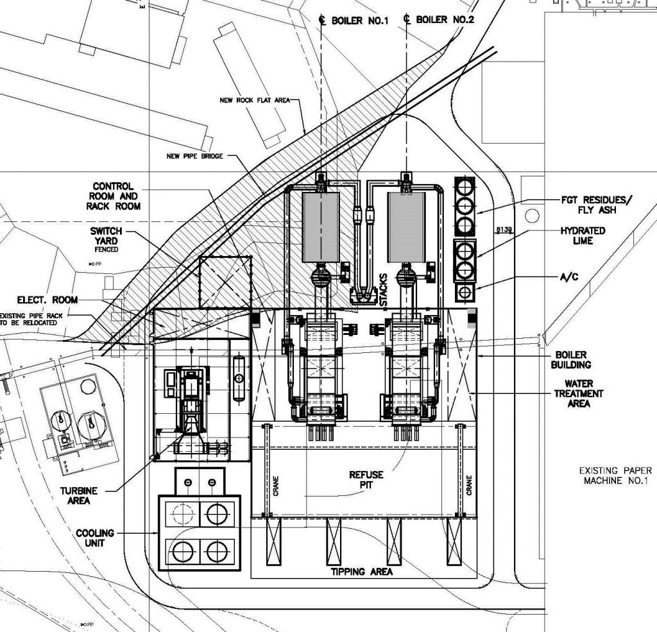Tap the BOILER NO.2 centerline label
445,20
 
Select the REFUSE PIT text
366,480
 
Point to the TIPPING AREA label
361,572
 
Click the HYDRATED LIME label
583,235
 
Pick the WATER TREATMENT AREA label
584,393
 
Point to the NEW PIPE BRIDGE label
194,156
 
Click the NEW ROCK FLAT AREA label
255,100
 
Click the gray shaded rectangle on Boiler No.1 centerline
320,227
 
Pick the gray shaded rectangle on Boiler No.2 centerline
406,227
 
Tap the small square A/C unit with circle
464,293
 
